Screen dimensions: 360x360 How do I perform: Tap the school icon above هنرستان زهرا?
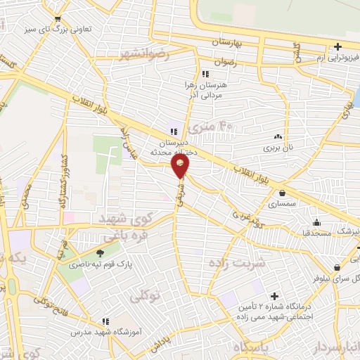click(x=205, y=74)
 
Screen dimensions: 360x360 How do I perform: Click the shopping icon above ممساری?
click(x=282, y=193)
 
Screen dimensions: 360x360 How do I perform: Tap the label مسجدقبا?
click(x=308, y=232)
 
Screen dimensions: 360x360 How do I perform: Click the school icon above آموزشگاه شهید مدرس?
click(x=106, y=321)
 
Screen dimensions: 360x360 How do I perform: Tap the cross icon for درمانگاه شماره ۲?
click(x=274, y=296)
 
